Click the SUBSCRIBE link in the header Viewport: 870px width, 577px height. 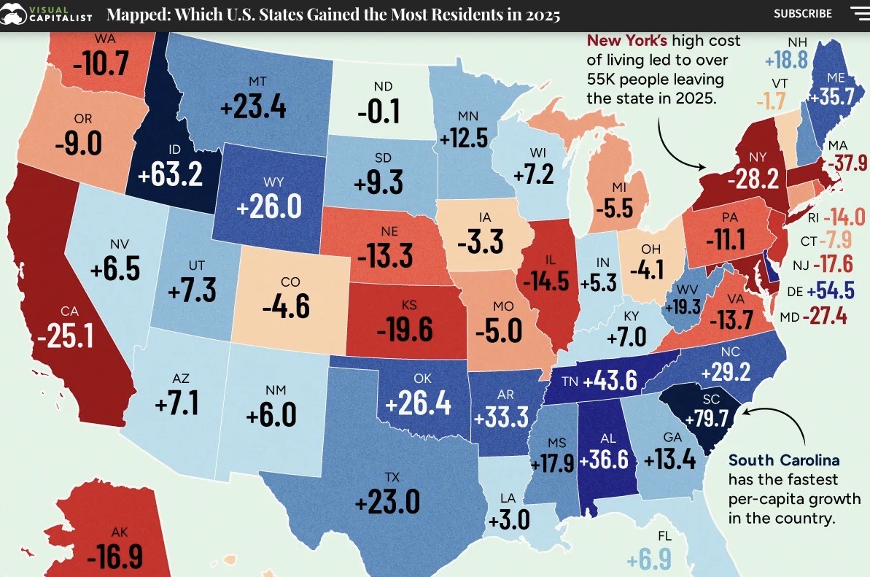point(802,14)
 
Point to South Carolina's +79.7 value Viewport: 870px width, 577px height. point(707,419)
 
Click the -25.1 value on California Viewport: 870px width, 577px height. point(66,336)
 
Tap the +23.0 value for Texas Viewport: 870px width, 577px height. point(387,502)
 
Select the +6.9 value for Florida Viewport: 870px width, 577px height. point(649,560)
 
